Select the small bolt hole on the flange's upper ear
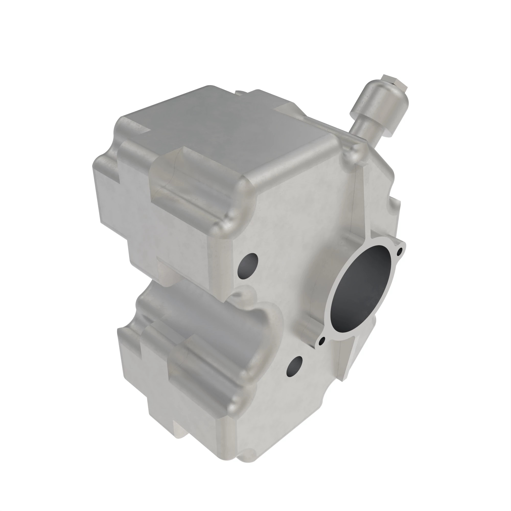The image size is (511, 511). tap(400, 250)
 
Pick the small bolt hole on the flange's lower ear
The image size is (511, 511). tap(322, 341)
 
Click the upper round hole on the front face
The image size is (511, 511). tap(248, 266)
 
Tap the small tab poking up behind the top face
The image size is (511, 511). tap(239, 92)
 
